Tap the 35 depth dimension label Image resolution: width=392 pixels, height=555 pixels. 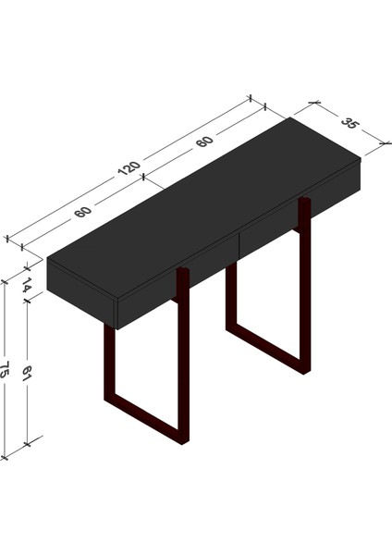[349, 122]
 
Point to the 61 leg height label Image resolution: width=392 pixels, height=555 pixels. [27, 375]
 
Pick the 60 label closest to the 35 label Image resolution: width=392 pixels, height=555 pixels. [204, 141]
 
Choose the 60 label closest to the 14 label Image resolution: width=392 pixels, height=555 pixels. [83, 212]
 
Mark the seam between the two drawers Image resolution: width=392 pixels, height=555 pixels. [238, 245]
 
